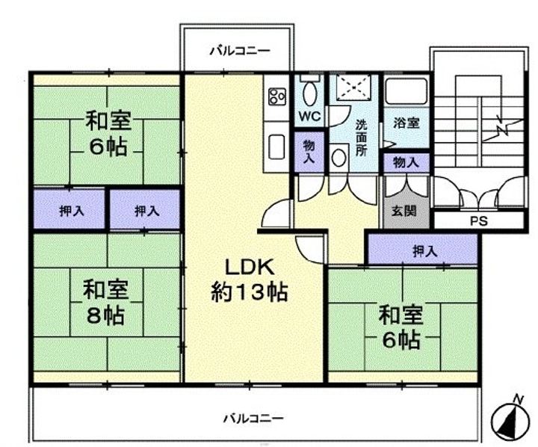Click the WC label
pyautogui.click(x=309, y=116)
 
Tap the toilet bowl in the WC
pyautogui.click(x=310, y=93)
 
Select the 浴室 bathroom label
pyautogui.click(x=406, y=123)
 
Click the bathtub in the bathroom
pyautogui.click(x=406, y=91)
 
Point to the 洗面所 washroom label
pyautogui.click(x=362, y=138)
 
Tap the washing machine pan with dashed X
pyautogui.click(x=353, y=87)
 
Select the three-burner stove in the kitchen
pyautogui.click(x=277, y=96)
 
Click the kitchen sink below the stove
pyautogui.click(x=276, y=147)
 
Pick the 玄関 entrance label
pyautogui.click(x=405, y=211)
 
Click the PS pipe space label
pyautogui.click(x=479, y=221)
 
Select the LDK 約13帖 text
pyautogui.click(x=250, y=280)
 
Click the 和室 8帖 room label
pyautogui.click(x=105, y=302)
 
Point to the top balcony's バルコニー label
pyautogui.click(x=240, y=52)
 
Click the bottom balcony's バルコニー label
pyautogui.click(x=253, y=419)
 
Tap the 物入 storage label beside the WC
pyautogui.click(x=309, y=152)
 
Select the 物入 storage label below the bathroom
pyautogui.click(x=406, y=162)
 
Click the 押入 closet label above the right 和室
pyautogui.click(x=425, y=252)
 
